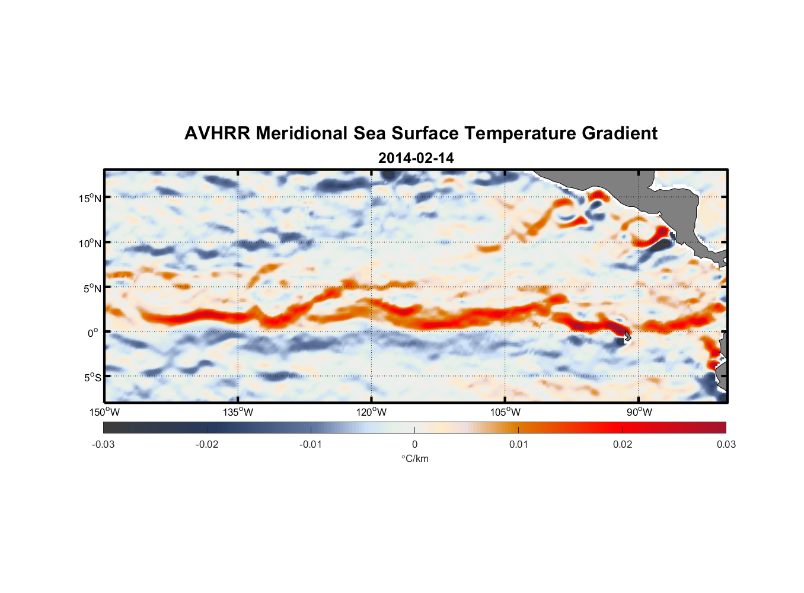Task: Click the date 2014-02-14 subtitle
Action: (x=416, y=158)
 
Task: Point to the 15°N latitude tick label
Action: (x=90, y=198)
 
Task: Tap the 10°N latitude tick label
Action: (x=90, y=243)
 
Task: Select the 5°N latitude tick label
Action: (x=92, y=288)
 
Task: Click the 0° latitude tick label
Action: (x=93, y=333)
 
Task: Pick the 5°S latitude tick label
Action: (x=92, y=377)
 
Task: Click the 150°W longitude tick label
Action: (x=105, y=412)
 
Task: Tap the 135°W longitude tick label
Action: (x=238, y=412)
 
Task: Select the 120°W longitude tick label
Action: (x=372, y=412)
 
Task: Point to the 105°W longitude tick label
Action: (x=505, y=412)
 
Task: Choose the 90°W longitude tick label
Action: (x=639, y=412)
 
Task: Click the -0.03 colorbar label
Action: (x=103, y=444)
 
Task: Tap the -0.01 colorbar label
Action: (x=311, y=444)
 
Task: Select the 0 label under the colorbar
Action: (x=414, y=444)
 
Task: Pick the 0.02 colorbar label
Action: (x=623, y=444)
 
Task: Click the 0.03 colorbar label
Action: (x=726, y=444)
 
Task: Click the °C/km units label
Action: (x=414, y=458)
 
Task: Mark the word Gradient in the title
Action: (x=620, y=133)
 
